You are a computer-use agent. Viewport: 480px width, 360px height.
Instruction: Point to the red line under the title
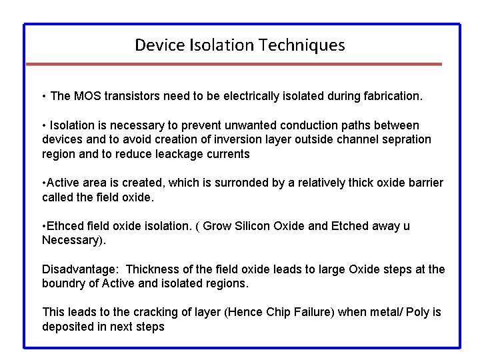point(233,64)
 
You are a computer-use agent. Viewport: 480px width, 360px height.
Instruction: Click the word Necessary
point(72,240)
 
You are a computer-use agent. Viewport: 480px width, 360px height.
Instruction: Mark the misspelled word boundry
point(63,283)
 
